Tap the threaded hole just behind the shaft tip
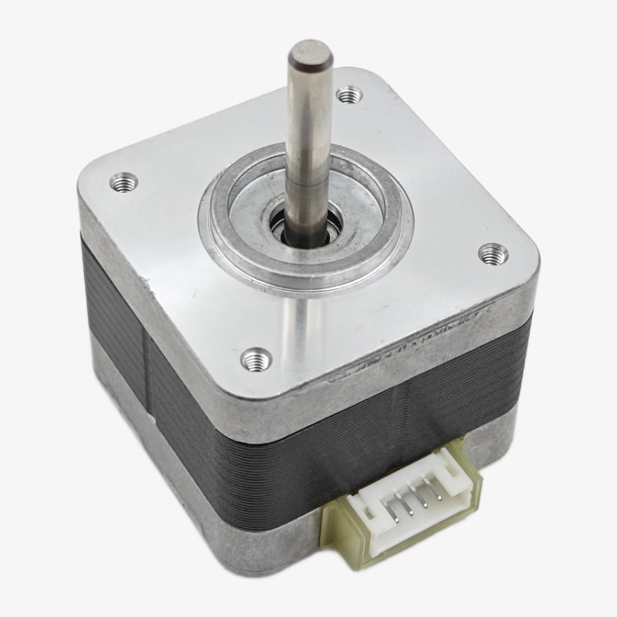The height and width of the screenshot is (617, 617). coord(349,96)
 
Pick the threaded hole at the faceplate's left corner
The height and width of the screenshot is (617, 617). coord(121,183)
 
